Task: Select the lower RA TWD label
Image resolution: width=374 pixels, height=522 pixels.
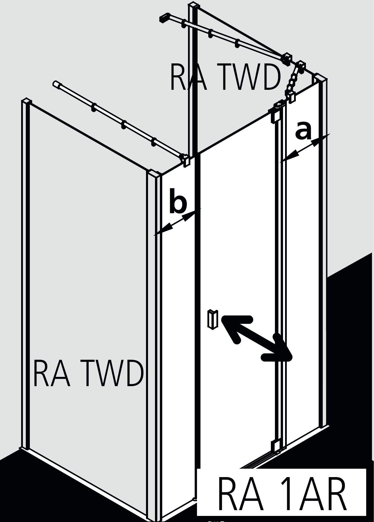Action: [x=88, y=374]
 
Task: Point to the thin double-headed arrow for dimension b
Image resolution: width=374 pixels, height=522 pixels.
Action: [x=177, y=222]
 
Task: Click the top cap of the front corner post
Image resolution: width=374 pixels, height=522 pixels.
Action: [x=154, y=175]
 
